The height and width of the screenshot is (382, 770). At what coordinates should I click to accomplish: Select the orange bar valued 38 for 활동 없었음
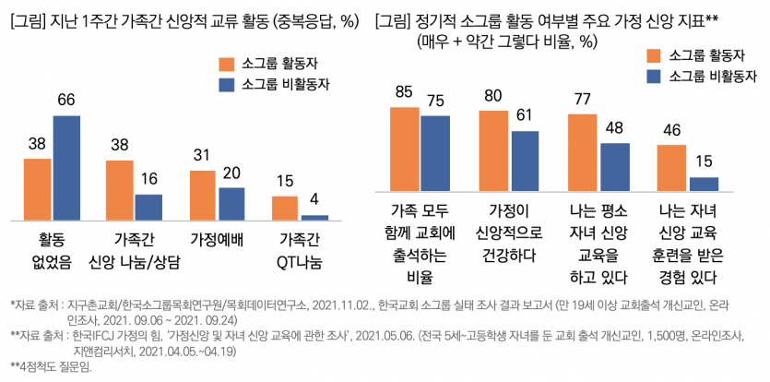38,189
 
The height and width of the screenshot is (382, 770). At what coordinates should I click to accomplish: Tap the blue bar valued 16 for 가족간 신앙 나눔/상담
148,208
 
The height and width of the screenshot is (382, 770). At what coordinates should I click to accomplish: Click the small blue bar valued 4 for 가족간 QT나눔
314,217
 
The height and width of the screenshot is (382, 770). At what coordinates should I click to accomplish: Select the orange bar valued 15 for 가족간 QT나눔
286,209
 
